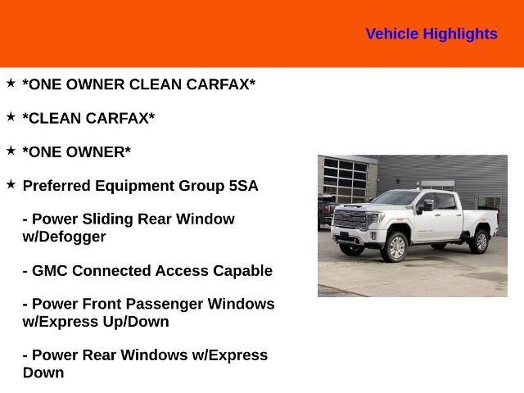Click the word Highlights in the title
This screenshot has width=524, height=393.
coord(460,34)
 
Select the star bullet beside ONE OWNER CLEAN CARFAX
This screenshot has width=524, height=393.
coord(11,83)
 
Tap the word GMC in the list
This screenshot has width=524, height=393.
coord(50,271)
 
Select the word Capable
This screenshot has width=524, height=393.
coord(243,271)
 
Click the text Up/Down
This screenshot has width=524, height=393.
coord(136,322)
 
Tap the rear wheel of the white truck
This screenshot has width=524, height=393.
coord(479,242)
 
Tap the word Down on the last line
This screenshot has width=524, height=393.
coord(43,373)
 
